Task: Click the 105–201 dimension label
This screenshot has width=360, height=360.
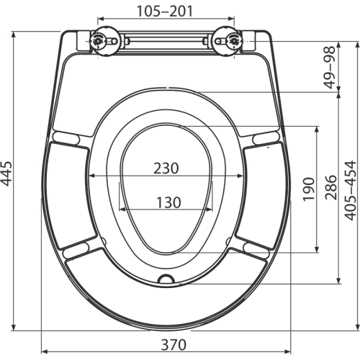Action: point(165,12)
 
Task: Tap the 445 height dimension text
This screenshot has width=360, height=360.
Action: point(6,174)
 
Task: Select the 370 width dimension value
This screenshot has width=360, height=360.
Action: point(174,345)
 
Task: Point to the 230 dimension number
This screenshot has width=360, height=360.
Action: point(166,168)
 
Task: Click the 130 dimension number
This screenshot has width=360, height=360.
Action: point(168,202)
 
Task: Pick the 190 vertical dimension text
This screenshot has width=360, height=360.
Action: point(309,189)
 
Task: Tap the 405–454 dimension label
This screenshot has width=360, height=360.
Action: point(351,190)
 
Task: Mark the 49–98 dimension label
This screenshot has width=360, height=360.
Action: point(330,67)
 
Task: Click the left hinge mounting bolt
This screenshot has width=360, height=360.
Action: point(98,41)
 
